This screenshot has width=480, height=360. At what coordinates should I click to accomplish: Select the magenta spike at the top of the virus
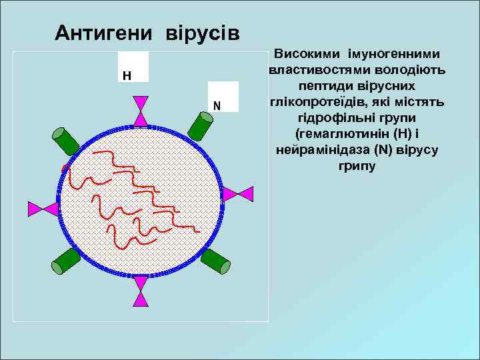point(141,111)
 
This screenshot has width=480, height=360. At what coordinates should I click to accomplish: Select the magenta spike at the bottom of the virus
point(141,291)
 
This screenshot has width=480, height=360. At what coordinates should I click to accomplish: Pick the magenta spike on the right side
point(237,194)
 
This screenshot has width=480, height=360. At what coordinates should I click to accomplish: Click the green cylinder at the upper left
point(67,140)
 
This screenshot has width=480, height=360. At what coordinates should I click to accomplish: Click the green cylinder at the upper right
point(200,124)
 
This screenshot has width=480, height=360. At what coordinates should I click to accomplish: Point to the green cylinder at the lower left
point(65,261)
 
